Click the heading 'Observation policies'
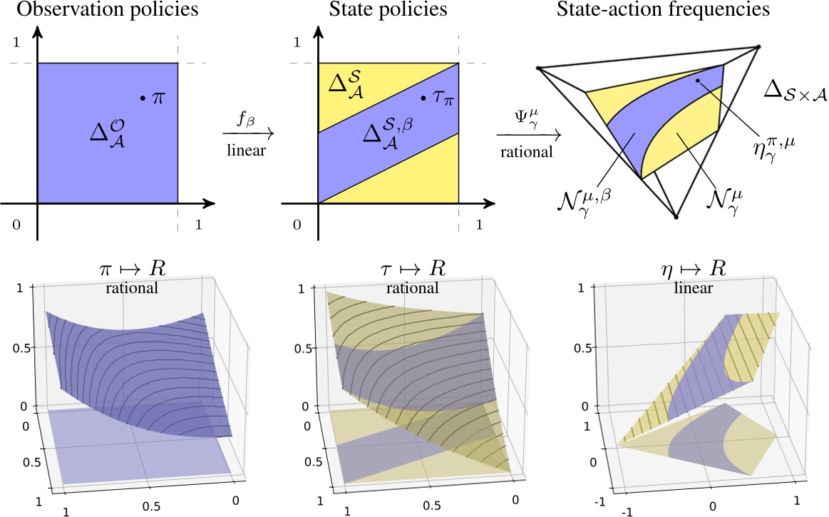click(x=103, y=11)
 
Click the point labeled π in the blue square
click(x=143, y=97)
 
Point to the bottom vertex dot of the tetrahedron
click(x=675, y=215)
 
